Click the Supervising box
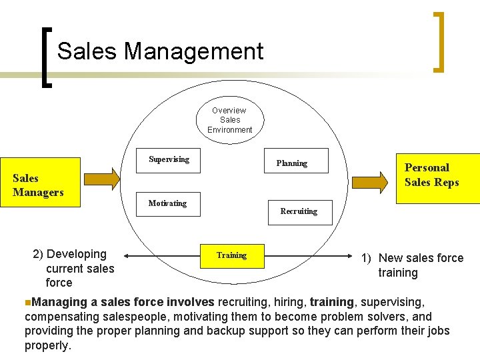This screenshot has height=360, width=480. pos(169,159)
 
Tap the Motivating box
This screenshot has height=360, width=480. pos(167,203)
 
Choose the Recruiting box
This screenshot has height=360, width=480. pos(299,211)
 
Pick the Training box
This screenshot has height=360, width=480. pos(231,255)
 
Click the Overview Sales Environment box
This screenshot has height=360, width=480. pos(229,120)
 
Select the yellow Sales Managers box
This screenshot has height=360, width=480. pos(40,181)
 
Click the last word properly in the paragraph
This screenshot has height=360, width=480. pos(47,346)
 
